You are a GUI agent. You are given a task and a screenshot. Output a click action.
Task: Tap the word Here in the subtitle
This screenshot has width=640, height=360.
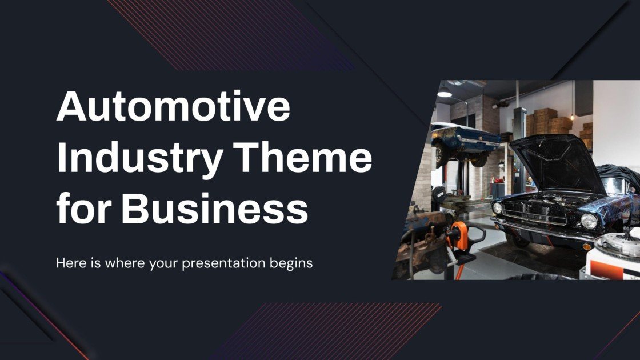tap(68, 263)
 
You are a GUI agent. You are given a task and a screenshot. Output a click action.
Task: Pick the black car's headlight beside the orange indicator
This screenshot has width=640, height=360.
tap(588, 221)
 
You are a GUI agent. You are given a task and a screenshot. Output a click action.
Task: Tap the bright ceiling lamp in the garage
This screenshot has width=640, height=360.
tap(445, 93)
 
